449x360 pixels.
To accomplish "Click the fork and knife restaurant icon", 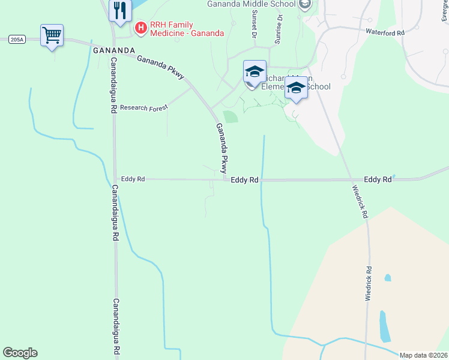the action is coord(120,10).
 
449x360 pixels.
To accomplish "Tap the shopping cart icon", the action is coord(52,35).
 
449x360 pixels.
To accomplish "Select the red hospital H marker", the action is coord(140,27).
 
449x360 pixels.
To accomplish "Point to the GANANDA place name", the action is coord(114,50).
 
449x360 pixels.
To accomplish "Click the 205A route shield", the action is coord(17,40).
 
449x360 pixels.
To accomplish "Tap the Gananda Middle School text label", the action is coord(251,4).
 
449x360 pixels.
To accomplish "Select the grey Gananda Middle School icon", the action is coord(305,5).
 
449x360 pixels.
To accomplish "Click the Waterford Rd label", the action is coord(384,33).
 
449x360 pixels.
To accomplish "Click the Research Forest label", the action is coord(144,108).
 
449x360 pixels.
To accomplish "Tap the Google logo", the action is coord(20,353).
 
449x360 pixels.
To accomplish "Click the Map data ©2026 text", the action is coord(423,355).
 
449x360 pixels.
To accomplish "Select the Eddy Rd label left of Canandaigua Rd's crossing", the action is coord(133,179).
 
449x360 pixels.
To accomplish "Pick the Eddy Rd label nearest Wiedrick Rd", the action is coord(378,179).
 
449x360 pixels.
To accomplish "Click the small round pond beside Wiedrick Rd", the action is coord(388,278).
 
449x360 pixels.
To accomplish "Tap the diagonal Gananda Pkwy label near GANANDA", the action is coord(160,67).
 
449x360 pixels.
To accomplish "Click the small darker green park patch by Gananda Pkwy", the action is coord(231,116).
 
